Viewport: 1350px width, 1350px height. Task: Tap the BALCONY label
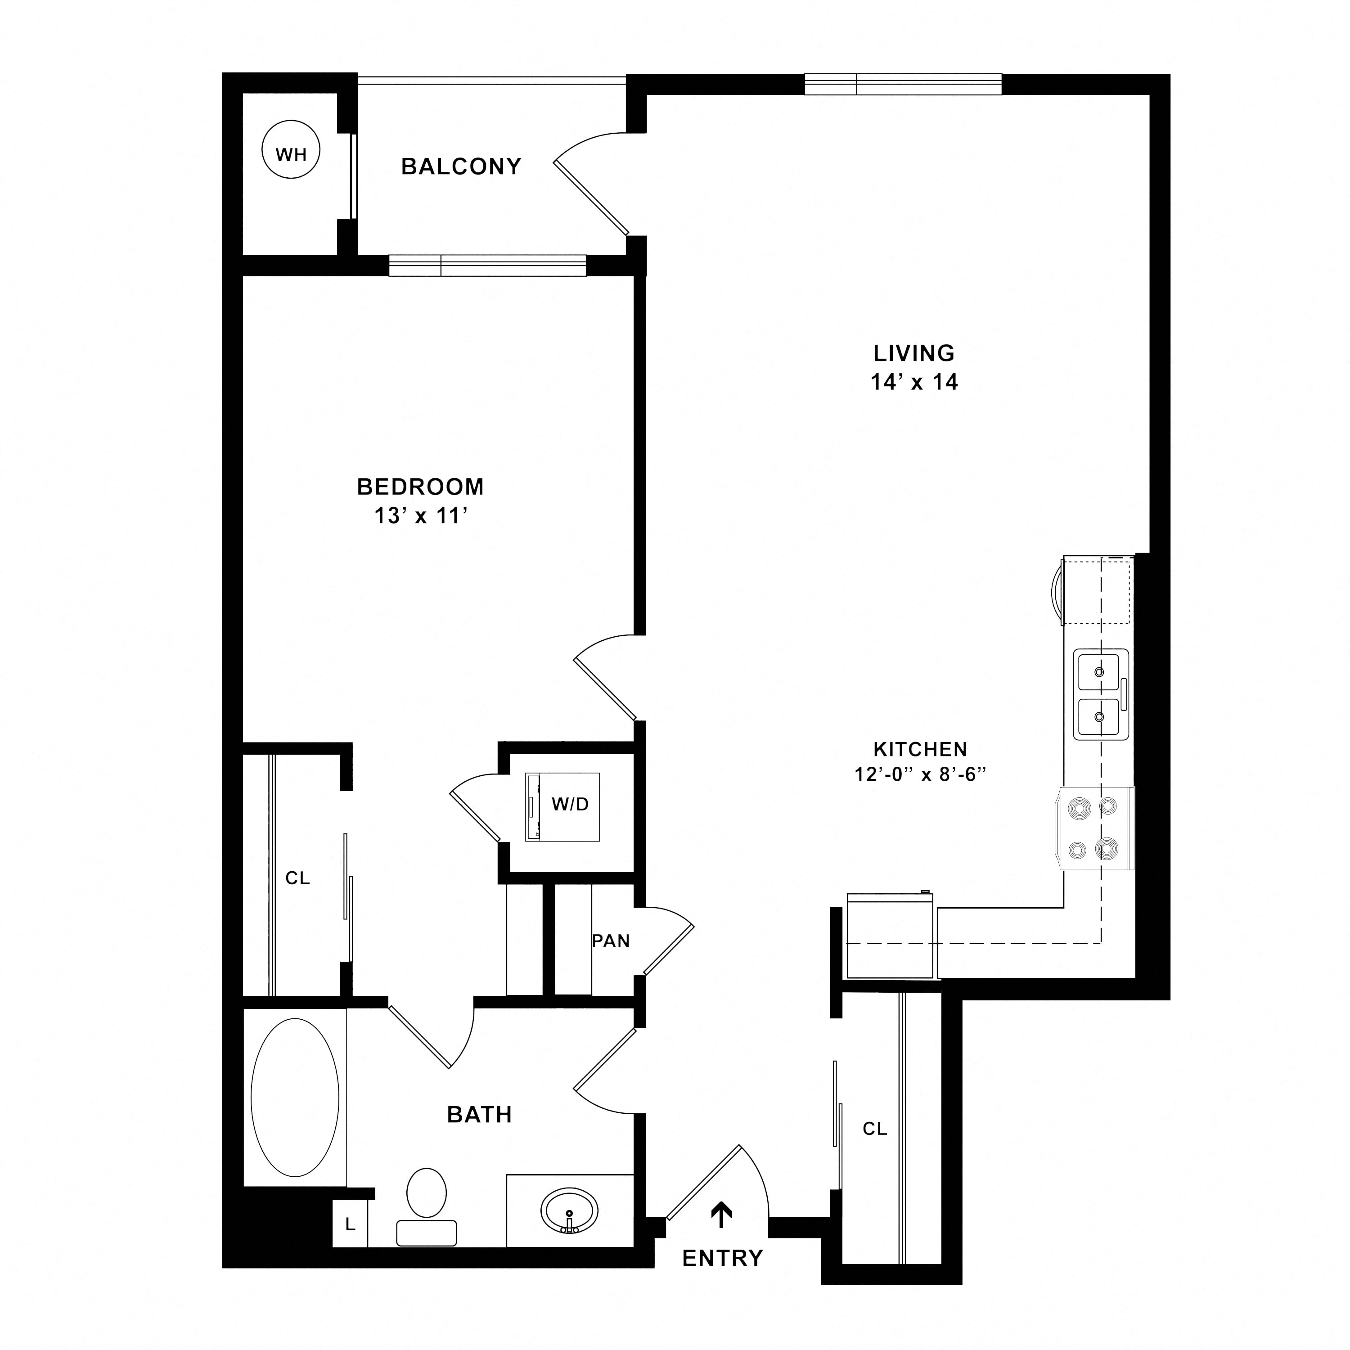coord(461,166)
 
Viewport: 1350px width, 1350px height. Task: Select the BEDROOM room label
coord(421,486)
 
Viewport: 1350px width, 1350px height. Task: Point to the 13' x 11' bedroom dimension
coord(421,516)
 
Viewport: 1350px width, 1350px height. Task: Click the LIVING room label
coord(914,353)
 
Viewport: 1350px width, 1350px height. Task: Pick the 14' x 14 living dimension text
coord(914,382)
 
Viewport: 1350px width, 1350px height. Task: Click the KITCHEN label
coord(920,749)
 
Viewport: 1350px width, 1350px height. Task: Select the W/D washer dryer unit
coord(562,807)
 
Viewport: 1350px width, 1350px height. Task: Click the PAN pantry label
coord(611,941)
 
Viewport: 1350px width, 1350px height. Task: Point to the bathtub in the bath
coord(295,1098)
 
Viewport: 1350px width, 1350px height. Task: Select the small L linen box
coord(350,1224)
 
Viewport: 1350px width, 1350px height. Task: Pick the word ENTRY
coord(723,1259)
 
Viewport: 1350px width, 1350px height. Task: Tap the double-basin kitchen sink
coord(1101,694)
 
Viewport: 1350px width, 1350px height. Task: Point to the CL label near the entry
coord(875,1129)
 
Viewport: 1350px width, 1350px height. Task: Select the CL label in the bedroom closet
coord(297,878)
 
